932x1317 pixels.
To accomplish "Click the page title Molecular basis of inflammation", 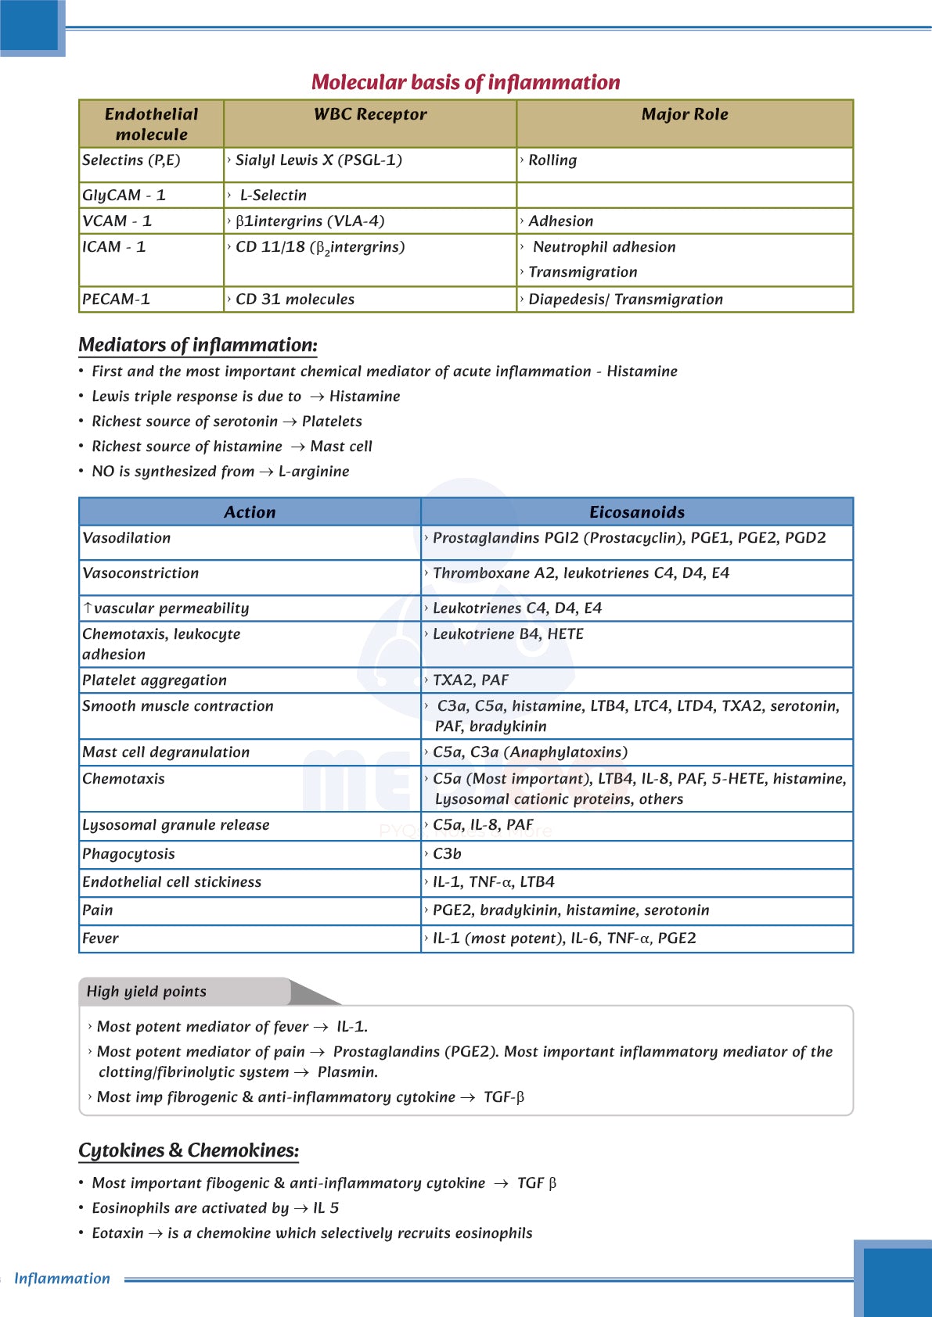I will pos(466,82).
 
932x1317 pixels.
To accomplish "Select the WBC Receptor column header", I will pos(370,114).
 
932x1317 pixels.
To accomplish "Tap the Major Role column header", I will pos(685,114).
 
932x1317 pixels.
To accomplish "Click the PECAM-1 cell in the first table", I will pos(116,300).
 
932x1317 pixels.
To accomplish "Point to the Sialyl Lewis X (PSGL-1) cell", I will pos(318,160).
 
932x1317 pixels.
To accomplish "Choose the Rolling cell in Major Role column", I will pos(552,160).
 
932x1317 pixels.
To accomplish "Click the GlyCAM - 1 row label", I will pos(124,196).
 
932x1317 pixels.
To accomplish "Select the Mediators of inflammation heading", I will pos(198,345).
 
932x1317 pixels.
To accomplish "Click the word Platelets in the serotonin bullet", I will pos(332,422).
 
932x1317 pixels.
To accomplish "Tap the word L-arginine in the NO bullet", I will pos(314,472).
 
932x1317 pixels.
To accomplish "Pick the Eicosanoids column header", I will pos(637,512).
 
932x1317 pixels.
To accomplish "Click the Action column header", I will pos(250,512).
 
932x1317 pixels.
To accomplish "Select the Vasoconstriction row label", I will pos(141,573).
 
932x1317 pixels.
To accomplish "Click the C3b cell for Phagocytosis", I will pos(447,854).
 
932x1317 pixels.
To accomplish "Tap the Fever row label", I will pos(101,938).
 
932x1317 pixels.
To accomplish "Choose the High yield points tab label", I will pos(146,992).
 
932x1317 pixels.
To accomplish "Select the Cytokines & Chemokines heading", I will pos(189,1150).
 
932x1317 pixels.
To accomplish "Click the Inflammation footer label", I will pos(62,1279).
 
